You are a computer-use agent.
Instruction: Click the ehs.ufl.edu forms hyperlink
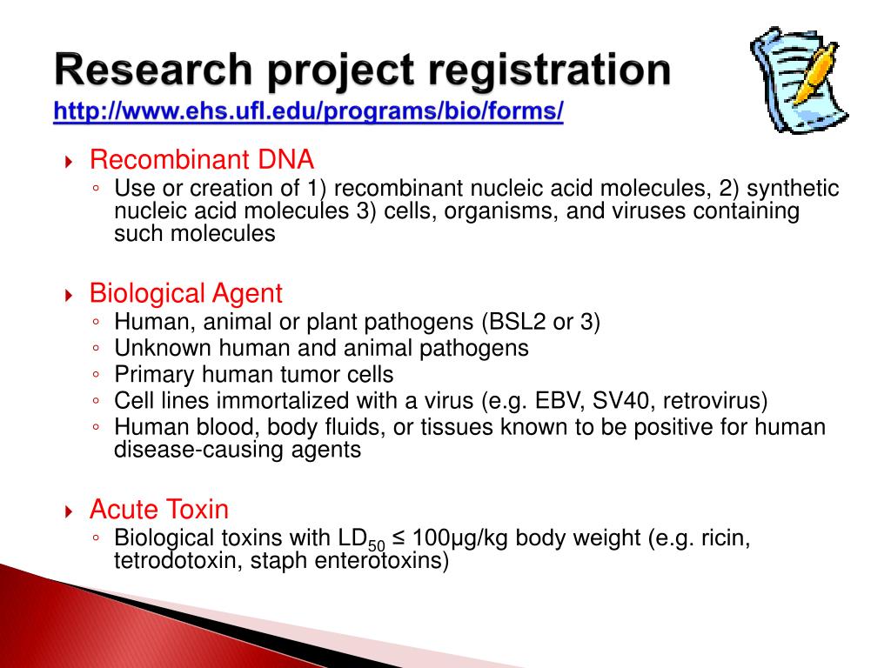click(x=308, y=111)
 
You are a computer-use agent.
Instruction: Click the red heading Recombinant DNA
click(x=202, y=160)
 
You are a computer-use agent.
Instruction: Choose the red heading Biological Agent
click(x=186, y=293)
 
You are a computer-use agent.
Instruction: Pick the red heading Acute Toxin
click(x=159, y=509)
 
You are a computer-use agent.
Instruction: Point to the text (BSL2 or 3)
click(x=539, y=322)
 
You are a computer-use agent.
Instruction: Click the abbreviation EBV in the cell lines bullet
click(x=559, y=401)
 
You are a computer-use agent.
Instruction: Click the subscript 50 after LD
click(x=376, y=545)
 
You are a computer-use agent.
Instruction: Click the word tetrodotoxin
click(x=178, y=561)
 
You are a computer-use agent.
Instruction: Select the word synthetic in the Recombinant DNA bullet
click(x=793, y=189)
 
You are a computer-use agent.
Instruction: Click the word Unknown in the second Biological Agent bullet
click(x=159, y=348)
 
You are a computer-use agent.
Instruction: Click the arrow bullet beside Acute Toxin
click(x=70, y=511)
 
